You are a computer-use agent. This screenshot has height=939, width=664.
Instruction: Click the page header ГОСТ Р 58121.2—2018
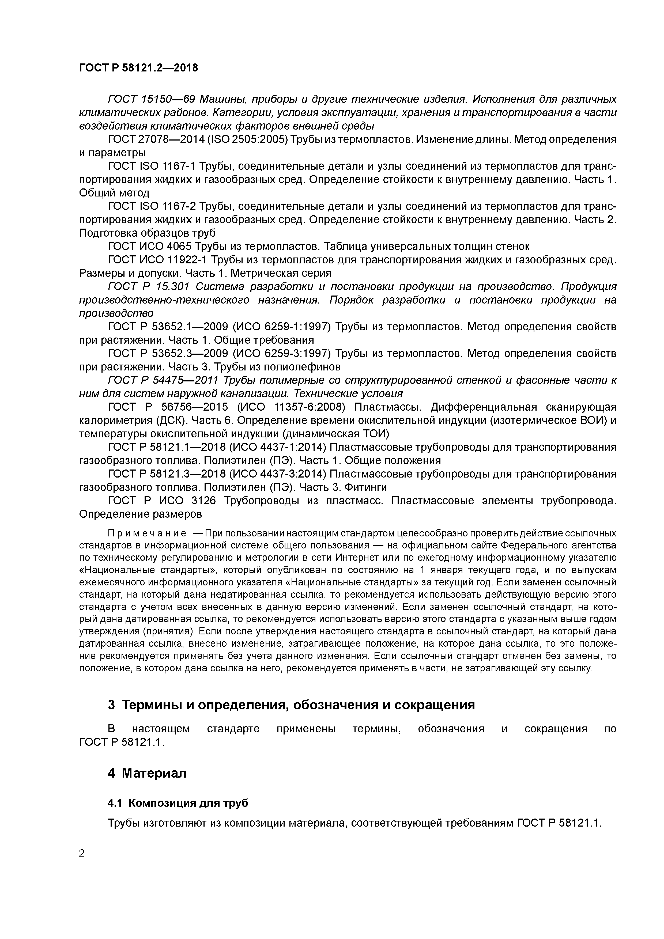coord(138,68)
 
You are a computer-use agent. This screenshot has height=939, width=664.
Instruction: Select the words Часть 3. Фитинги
coord(343,487)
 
